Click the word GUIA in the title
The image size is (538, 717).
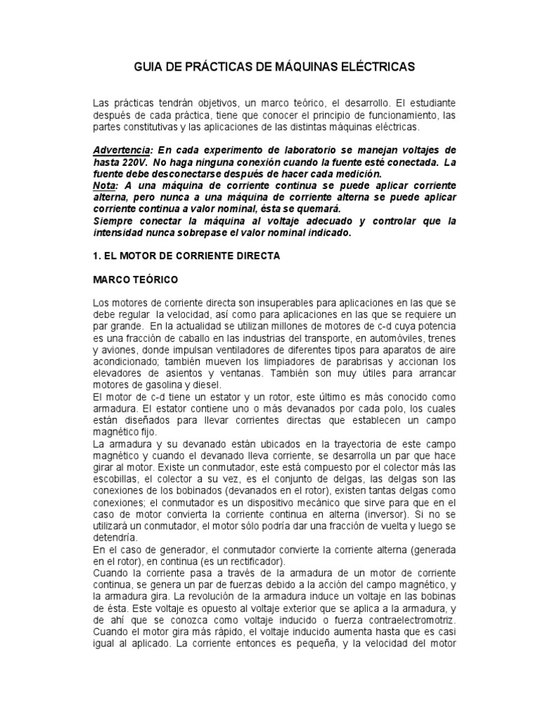pos(147,67)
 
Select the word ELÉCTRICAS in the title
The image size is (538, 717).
pos(375,67)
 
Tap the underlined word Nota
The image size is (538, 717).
pos(104,185)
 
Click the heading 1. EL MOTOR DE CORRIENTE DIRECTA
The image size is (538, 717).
pos(186,256)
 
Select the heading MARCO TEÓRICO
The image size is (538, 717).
pos(136,280)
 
